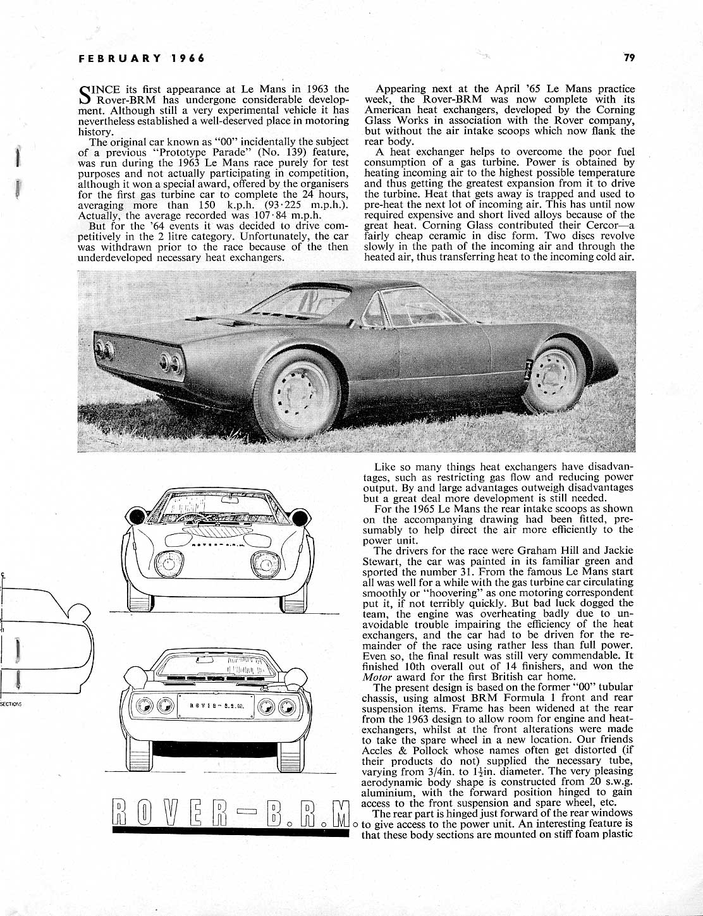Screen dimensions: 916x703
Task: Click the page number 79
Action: [x=628, y=58]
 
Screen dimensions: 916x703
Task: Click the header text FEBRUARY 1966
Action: [x=141, y=58]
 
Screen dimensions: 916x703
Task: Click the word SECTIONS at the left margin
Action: [x=11, y=704]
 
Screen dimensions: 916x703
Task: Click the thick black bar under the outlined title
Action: [x=230, y=834]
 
